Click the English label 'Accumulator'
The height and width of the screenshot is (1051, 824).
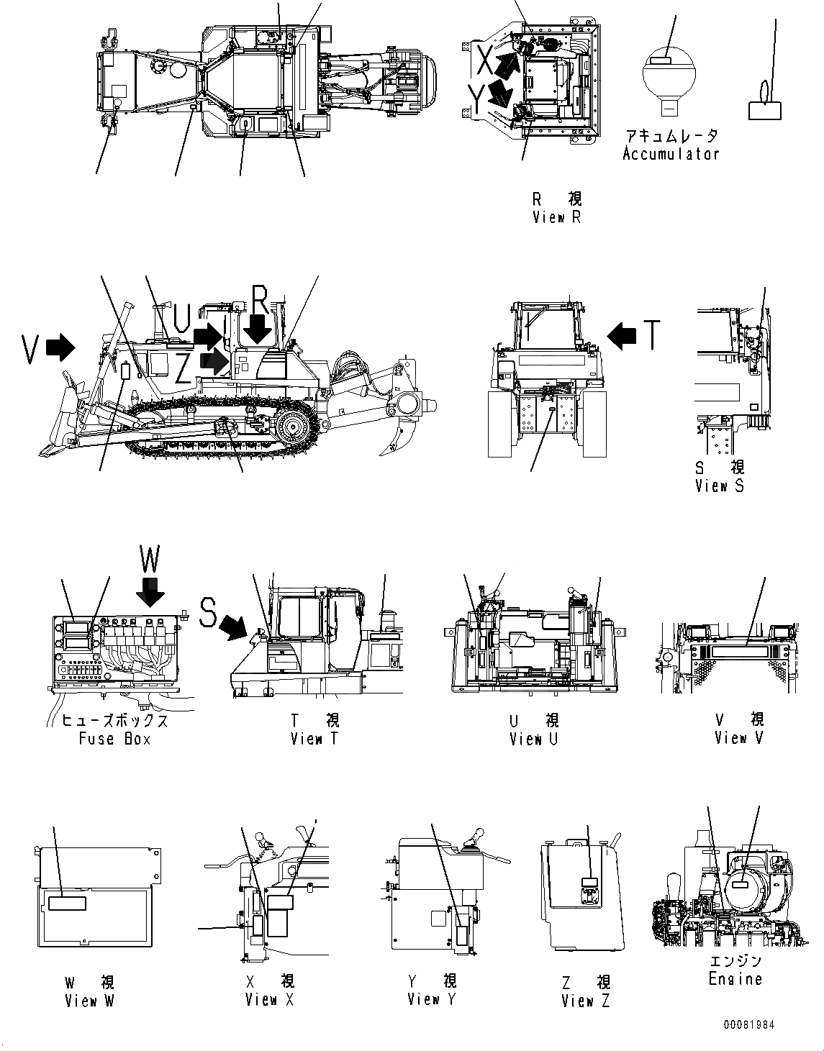click(670, 154)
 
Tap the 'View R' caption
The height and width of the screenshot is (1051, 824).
click(556, 217)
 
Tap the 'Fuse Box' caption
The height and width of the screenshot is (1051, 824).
click(114, 739)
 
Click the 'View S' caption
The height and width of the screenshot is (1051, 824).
click(720, 486)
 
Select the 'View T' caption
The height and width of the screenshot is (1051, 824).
click(314, 739)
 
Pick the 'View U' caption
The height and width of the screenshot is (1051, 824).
click(533, 739)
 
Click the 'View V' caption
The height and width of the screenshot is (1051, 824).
click(738, 738)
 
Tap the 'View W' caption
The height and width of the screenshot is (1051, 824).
click(89, 1001)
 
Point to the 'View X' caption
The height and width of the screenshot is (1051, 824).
click(269, 1000)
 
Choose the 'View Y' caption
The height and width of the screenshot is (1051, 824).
click(432, 999)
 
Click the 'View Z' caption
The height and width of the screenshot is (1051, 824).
click(585, 1001)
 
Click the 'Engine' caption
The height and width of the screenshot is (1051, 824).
click(735, 979)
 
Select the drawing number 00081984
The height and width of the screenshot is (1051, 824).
click(749, 1025)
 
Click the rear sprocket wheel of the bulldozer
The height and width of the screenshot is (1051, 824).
click(296, 427)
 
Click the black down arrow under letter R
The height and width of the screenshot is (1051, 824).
click(257, 330)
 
